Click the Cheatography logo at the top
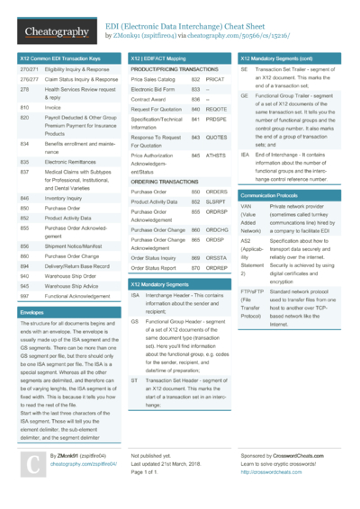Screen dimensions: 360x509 tap(56, 33)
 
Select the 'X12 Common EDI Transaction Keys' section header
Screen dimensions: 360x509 tap(60, 58)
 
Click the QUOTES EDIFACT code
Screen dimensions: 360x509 tap(216, 138)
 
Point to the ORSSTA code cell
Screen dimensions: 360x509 tap(216, 258)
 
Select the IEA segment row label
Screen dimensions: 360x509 tap(245, 155)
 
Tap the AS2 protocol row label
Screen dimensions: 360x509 tap(247, 242)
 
